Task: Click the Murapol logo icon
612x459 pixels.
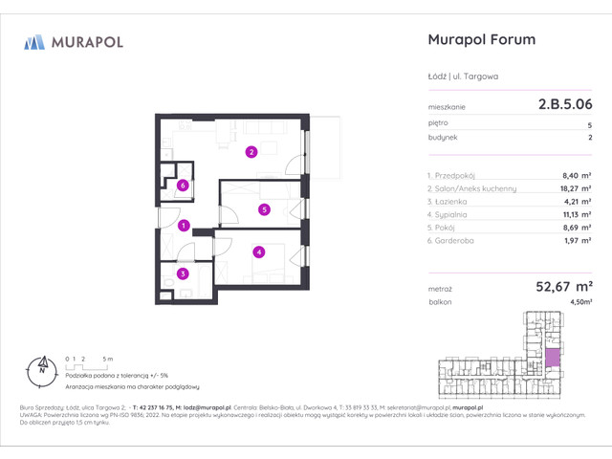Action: click(34, 41)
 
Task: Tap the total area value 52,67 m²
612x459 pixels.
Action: click(559, 284)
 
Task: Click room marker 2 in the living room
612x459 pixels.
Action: click(251, 151)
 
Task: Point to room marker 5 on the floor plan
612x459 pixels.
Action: click(264, 209)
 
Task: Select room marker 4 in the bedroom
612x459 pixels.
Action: click(258, 252)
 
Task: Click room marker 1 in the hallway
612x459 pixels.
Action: click(185, 227)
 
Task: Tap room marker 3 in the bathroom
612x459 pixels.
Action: click(182, 274)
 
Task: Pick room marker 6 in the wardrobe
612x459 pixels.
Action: click(182, 186)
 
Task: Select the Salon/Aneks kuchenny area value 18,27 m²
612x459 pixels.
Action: click(573, 189)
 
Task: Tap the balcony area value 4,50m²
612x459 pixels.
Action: click(579, 301)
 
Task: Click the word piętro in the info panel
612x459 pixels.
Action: click(438, 124)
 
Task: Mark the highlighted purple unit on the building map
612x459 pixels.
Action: click(554, 360)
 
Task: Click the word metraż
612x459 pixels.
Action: click(440, 286)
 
